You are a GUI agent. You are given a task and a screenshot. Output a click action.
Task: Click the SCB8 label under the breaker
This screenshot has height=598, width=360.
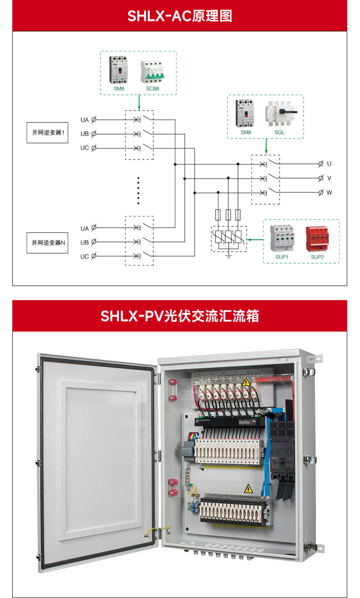pos(153,88)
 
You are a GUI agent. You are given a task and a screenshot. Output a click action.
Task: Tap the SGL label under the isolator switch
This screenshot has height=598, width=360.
pos(279,132)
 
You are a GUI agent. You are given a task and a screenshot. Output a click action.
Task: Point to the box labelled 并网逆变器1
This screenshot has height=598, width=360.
pos(47,133)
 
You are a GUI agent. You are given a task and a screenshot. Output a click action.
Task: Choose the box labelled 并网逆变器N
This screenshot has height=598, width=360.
pos(47,243)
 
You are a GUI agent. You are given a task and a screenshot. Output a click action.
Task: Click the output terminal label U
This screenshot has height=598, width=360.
pos(329,164)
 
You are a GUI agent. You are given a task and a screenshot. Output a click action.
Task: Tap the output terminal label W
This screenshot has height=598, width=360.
pos(329,192)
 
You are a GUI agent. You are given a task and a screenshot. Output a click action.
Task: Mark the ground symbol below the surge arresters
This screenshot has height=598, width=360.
pos(228,257)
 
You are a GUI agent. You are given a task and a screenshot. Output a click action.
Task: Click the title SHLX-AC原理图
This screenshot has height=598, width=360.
pos(180,16)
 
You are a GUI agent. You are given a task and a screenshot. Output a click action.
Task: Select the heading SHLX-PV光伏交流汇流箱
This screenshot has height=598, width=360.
pos(180,316)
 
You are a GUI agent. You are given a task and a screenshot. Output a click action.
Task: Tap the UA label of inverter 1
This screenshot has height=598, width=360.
pos(85,120)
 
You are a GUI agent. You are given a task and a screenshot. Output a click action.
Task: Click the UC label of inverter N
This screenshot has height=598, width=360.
pos(85,256)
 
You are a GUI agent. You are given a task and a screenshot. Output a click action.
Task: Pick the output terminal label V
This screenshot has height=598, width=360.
pos(329,178)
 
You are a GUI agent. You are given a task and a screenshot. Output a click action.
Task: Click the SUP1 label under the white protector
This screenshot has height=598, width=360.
pos(282,257)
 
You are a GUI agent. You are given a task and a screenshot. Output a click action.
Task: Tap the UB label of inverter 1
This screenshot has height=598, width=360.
pos(85,134)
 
